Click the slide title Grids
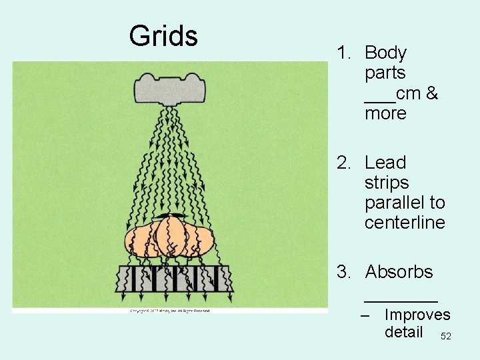(x=163, y=36)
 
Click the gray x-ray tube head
(x=171, y=86)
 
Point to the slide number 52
(x=446, y=337)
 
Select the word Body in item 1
(x=386, y=53)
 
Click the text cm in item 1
(x=407, y=93)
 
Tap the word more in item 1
(x=385, y=113)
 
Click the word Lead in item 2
(x=385, y=163)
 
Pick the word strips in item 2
(x=387, y=183)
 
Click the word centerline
(x=405, y=223)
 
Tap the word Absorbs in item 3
(x=399, y=272)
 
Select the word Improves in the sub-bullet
(x=417, y=315)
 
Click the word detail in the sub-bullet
(x=403, y=332)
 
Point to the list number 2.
(x=343, y=163)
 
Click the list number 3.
(x=343, y=272)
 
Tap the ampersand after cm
(x=431, y=93)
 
